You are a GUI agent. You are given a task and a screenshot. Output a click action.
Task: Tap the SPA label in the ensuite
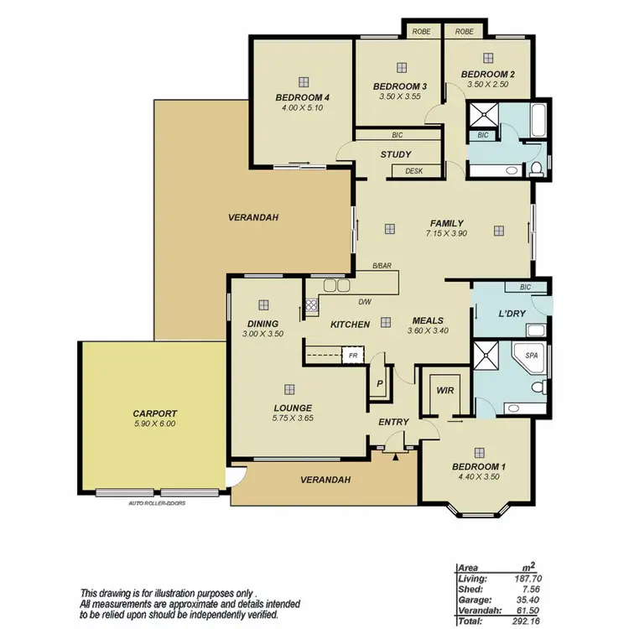click(x=531, y=356)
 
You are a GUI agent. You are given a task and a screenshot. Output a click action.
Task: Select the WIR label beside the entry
click(x=444, y=390)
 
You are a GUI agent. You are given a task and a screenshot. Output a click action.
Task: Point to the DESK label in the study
click(x=413, y=171)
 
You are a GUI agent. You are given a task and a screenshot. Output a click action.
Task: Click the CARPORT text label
click(x=154, y=413)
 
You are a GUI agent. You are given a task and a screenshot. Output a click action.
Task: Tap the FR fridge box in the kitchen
click(x=354, y=356)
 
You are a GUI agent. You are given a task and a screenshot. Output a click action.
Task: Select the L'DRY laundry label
click(x=489, y=314)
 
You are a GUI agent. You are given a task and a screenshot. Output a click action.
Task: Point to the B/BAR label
click(x=382, y=266)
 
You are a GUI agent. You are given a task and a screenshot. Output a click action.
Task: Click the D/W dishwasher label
click(x=365, y=303)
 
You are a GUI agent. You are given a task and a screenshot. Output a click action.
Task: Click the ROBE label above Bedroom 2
click(x=464, y=32)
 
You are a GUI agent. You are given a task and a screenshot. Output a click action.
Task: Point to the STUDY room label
click(x=395, y=154)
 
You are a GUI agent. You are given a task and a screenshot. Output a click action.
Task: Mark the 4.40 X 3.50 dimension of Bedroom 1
click(x=478, y=476)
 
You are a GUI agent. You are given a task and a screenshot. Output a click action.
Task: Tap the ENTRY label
click(x=393, y=422)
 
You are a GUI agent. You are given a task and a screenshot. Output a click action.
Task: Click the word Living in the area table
click(x=472, y=578)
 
